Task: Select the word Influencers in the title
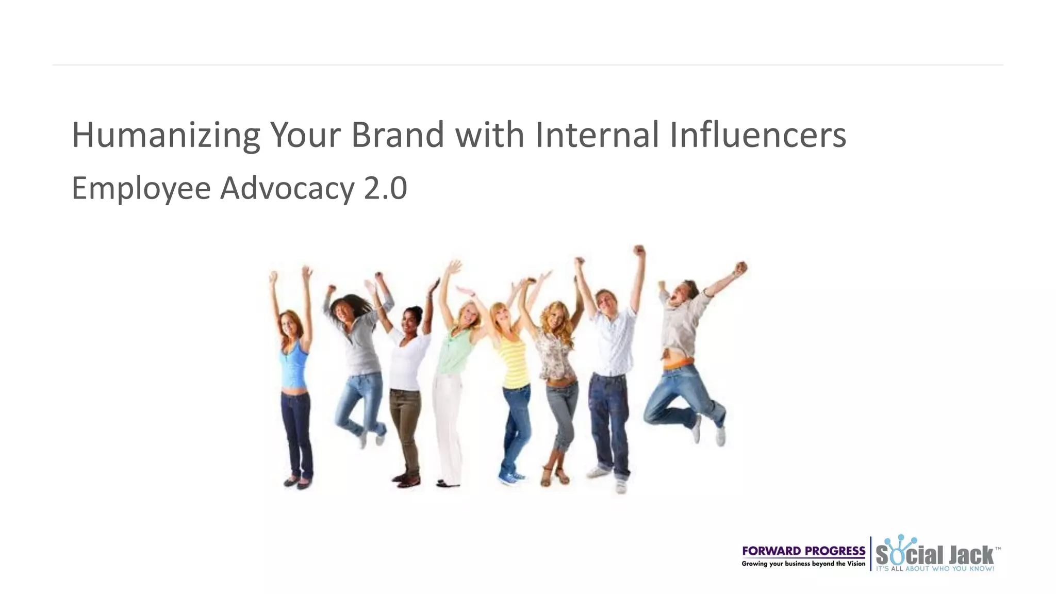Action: tap(757, 135)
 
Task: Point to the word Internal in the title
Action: tap(597, 135)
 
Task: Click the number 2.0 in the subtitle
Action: tap(385, 188)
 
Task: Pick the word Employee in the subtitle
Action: tap(141, 188)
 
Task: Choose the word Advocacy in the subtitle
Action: tap(287, 188)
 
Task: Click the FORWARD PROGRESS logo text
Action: tap(803, 551)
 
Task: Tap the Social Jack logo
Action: tap(934, 554)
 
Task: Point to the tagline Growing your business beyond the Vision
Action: tap(803, 564)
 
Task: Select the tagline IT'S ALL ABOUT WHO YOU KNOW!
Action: tap(934, 569)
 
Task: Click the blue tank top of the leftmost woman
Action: tap(294, 366)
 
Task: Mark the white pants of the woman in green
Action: tap(447, 423)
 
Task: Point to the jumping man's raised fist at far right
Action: tap(740, 268)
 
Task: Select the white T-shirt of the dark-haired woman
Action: tap(407, 361)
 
